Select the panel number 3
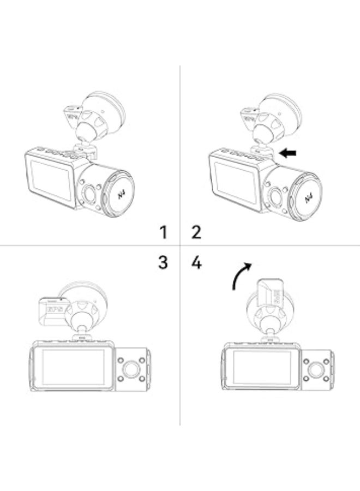click(163, 262)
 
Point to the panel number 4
click(197, 262)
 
